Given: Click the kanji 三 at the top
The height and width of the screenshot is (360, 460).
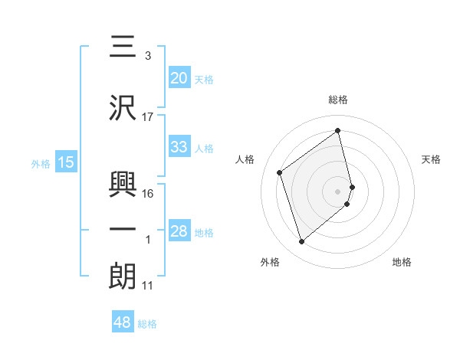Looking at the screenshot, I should [x=123, y=47].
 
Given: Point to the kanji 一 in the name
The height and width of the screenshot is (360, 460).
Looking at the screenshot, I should [x=123, y=229].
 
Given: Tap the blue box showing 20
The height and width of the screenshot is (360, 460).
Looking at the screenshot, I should [x=179, y=78].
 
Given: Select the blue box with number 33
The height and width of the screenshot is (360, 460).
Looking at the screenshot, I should [x=179, y=147].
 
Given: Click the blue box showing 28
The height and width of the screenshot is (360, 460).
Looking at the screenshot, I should [x=179, y=231].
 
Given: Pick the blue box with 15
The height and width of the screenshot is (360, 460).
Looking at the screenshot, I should [x=66, y=162].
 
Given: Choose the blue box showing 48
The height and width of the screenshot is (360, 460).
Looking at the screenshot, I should [x=123, y=322].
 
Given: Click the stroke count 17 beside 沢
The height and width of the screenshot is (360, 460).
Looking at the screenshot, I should [x=148, y=117].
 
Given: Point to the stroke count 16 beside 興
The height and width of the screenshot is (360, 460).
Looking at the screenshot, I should [x=148, y=193].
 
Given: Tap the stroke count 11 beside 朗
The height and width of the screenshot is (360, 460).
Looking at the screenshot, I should [x=148, y=286].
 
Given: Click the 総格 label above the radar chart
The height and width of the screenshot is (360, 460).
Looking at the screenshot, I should [x=338, y=100].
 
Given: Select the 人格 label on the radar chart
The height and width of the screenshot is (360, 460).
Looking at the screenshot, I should [x=245, y=159].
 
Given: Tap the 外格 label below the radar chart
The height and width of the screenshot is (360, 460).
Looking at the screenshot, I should [x=270, y=263].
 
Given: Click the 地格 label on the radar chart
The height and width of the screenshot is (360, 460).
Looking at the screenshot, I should [x=402, y=263].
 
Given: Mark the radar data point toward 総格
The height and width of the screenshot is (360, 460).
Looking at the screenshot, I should [x=338, y=131].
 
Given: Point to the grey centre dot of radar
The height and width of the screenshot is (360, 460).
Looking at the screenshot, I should [x=338, y=191].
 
